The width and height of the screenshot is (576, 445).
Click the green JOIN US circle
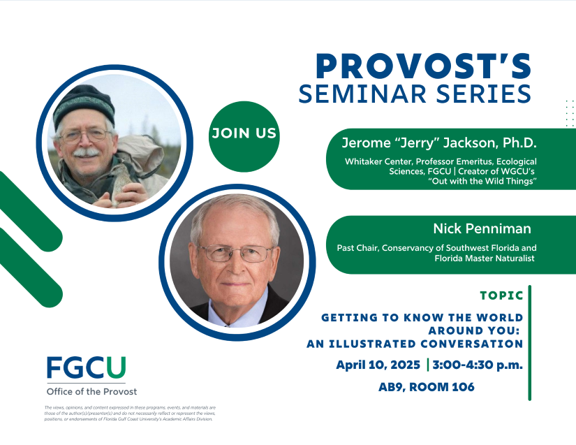click(x=244, y=136)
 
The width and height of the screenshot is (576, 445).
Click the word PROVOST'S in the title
click(x=424, y=66)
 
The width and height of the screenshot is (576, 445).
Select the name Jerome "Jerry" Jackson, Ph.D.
click(x=439, y=143)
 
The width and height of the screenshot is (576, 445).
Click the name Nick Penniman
click(x=482, y=228)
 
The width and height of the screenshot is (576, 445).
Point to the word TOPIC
click(x=501, y=296)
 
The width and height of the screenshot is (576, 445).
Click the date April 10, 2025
click(x=378, y=365)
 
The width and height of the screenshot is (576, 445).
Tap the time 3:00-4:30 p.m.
click(x=478, y=365)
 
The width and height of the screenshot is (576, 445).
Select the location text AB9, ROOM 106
click(x=427, y=387)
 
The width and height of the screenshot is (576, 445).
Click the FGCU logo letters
click(x=87, y=367)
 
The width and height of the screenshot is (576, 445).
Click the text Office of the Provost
click(x=92, y=392)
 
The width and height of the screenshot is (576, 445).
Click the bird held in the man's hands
click(x=121, y=183)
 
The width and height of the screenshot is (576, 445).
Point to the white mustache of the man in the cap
click(x=86, y=152)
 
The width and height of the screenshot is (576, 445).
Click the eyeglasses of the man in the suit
click(x=235, y=254)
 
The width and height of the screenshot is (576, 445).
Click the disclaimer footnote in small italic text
click(x=130, y=414)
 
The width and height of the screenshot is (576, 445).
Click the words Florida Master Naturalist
click(x=485, y=258)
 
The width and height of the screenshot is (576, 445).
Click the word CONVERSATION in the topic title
click(x=472, y=344)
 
